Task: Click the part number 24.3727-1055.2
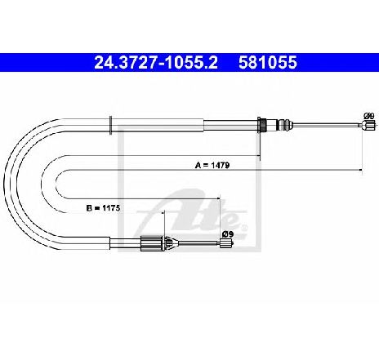click(156, 63)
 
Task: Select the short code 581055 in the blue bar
click(268, 63)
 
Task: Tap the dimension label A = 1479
click(212, 165)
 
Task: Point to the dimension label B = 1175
click(103, 208)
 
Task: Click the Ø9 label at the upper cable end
click(369, 116)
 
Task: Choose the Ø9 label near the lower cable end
click(228, 233)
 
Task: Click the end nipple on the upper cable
click(366, 126)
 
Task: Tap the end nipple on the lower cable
click(225, 242)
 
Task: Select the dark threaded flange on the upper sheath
click(262, 125)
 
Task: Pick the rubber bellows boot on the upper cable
click(284, 125)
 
